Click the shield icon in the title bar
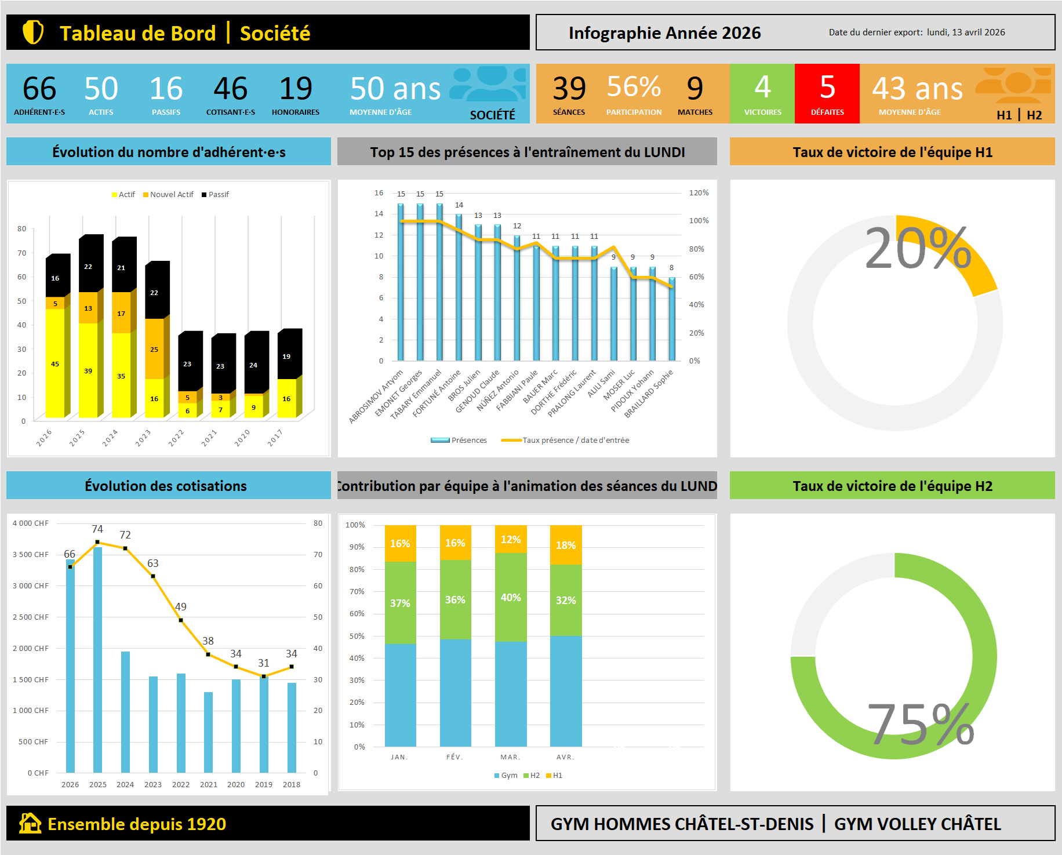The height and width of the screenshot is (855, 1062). point(33,32)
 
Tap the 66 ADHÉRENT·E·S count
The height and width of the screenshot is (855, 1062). point(39,89)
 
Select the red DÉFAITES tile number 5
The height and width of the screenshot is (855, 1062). point(827,88)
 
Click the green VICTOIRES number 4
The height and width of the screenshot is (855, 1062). point(762,88)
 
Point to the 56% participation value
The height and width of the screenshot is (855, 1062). point(634,87)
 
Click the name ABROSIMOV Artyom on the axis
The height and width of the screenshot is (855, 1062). point(376,397)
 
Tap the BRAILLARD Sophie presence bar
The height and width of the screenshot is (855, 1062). point(672,319)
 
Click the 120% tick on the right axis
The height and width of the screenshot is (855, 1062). point(699,193)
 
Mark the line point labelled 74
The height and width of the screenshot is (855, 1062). point(97,542)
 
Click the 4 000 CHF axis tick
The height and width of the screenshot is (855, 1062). point(31,523)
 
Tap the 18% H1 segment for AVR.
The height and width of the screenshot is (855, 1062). point(566,545)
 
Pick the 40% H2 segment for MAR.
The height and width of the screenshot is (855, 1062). point(511,597)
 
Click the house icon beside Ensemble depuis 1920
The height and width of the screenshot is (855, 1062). point(30,823)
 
